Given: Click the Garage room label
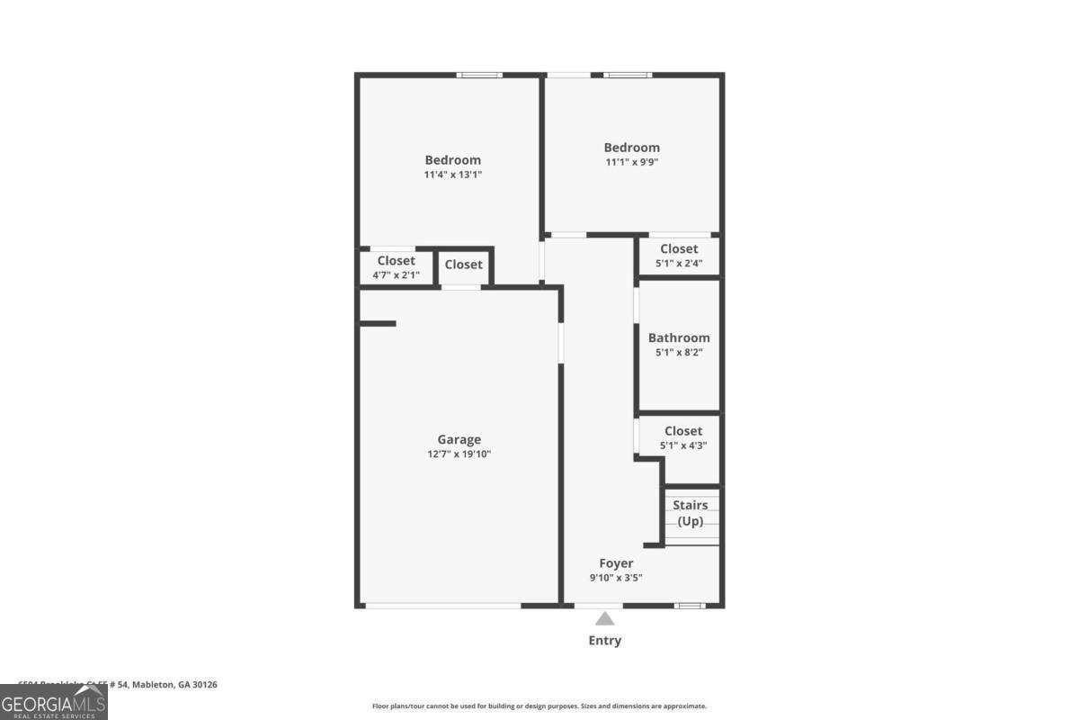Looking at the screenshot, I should point(459,439).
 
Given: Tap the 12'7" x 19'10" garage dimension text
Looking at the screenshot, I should point(459,454).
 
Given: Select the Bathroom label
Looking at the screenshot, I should point(679,337).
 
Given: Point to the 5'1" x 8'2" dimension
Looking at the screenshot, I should point(679,353).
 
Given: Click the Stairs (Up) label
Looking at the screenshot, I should point(691,513).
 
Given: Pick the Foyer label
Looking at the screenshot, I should point(616,563).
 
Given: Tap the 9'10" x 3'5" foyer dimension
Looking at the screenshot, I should point(616,578).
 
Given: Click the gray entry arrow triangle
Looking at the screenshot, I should point(605,618).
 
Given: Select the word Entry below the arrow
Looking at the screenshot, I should point(605,641).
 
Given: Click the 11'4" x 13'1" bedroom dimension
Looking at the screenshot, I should point(453,175).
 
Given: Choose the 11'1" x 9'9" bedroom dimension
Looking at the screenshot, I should point(631,162).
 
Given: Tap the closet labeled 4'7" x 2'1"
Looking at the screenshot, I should point(397,267).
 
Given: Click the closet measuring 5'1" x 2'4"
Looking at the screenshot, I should point(679,256).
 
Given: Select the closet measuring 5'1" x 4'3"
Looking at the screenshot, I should point(682,437).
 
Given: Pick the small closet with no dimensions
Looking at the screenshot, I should point(464,265).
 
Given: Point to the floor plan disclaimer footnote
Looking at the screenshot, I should point(539,706).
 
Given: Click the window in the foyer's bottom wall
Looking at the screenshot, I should point(690,606).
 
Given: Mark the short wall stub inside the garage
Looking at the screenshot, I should point(378,323).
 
